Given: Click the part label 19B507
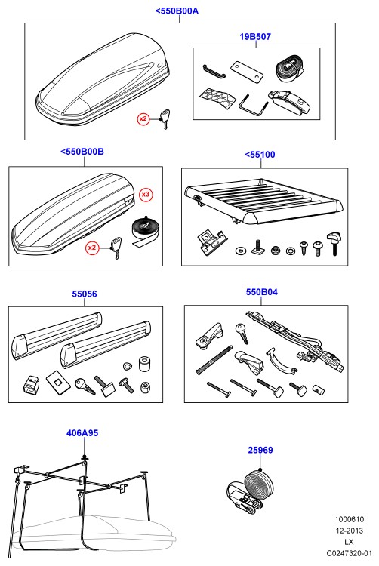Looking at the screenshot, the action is (255, 36).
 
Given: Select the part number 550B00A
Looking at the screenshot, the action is (180, 11).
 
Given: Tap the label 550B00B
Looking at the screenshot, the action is (85, 151).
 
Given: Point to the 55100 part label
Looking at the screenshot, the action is (263, 155).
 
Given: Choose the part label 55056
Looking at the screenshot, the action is (85, 294).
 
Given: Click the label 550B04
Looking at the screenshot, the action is (262, 291).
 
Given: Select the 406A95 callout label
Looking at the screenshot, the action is (82, 433).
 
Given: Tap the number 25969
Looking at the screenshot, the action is (260, 450).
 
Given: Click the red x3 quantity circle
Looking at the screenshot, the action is (146, 195).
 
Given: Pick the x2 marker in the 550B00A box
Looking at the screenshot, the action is (143, 118).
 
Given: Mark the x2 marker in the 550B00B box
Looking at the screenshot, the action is (92, 248).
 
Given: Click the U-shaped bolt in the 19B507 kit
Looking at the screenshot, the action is (253, 106).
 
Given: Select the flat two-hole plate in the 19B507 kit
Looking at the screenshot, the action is (247, 70).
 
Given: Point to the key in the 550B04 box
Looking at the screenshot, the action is (242, 333).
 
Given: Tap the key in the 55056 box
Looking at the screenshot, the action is (85, 386).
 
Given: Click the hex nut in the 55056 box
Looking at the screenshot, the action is (145, 387).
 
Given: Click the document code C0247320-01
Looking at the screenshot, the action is (349, 552).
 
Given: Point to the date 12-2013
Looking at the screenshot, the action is (349, 531).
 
